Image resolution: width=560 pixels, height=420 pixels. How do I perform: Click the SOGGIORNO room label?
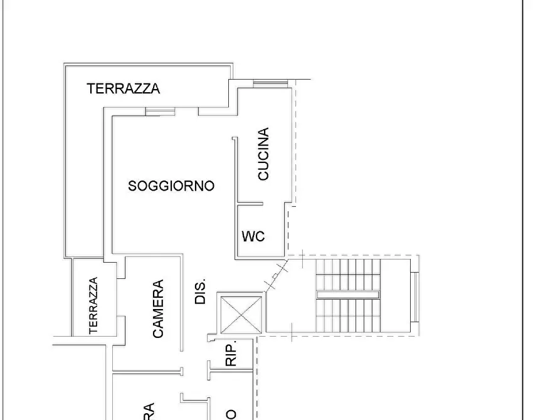click(171, 186)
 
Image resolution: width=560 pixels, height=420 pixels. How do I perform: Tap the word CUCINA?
click(263, 154)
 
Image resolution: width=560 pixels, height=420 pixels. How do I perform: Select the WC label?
click(253, 236)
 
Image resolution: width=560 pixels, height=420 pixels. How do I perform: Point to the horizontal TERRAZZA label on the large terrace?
click(124, 88)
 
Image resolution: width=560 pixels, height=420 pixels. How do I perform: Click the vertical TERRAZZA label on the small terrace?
click(93, 305)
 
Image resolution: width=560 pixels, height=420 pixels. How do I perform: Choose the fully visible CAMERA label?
click(158, 309)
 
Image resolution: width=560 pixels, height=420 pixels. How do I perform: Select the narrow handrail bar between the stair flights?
click(348, 293)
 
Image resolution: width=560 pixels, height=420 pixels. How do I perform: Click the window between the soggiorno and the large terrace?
click(159, 112)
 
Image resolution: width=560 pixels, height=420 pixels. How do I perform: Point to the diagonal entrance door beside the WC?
click(277, 275)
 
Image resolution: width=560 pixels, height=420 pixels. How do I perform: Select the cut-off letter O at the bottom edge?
click(231, 414)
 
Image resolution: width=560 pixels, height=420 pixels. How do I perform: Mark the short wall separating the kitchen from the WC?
click(250, 203)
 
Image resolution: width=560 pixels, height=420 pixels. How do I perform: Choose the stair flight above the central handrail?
click(348, 274)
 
